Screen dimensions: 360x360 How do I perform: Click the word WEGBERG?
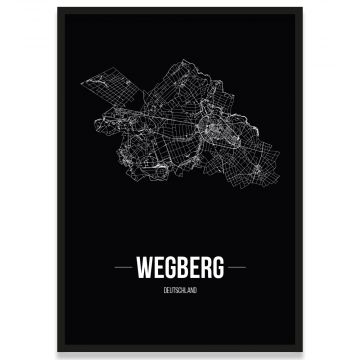coord(181,269)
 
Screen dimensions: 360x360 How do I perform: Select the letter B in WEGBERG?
coord(182,269)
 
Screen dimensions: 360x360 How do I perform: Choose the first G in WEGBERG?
coord(171,269)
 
